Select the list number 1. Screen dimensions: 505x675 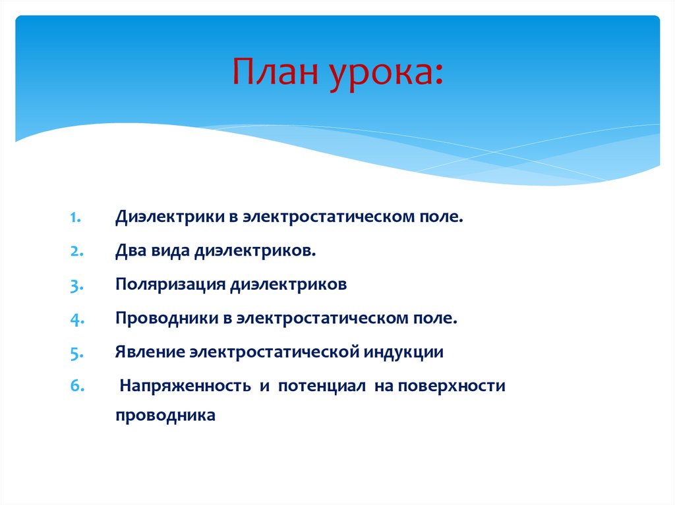click(x=75, y=217)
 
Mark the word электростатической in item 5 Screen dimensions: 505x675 click(x=273, y=352)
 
